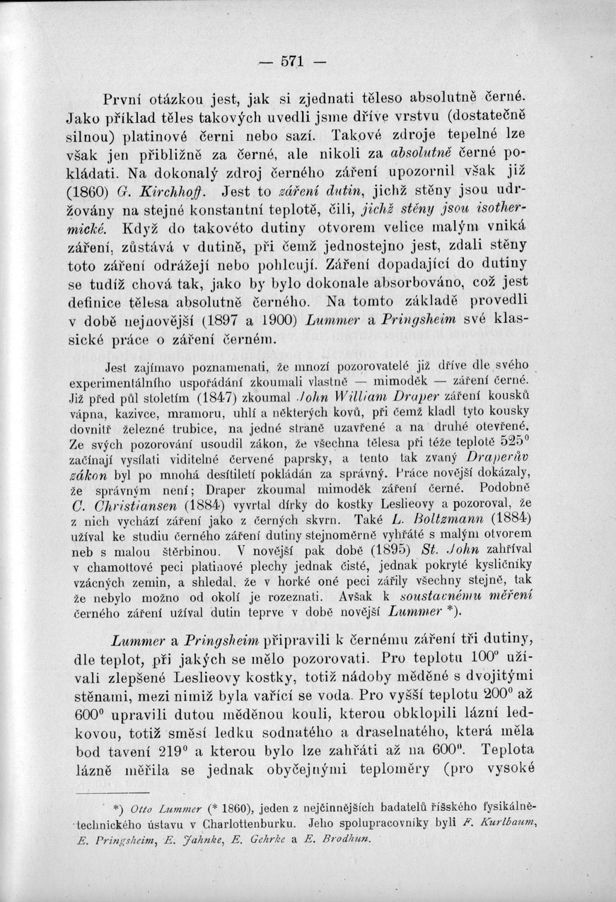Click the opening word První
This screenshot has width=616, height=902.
coord(122,98)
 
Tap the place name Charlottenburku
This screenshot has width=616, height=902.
coord(251,824)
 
